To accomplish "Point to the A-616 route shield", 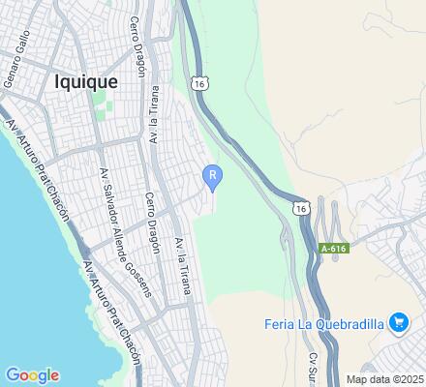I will coord(332,249).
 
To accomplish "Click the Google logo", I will coord(32,375).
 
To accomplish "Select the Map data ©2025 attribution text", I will coord(385,378).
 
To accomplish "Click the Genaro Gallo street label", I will coord(18,58).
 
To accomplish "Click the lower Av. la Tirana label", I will coord(179,262).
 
